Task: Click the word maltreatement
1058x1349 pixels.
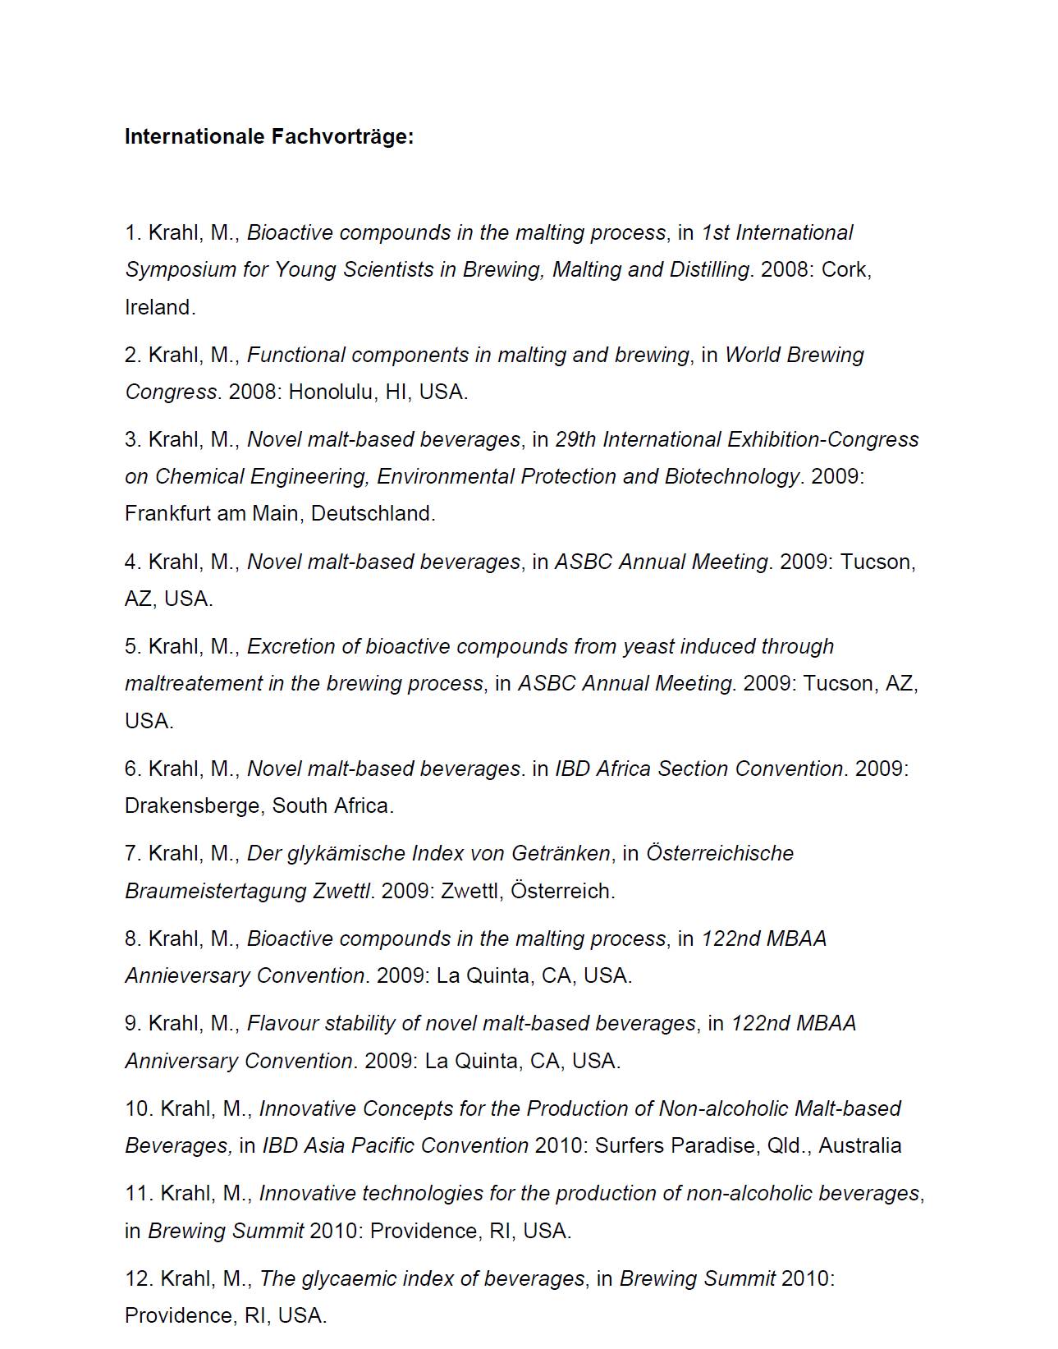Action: click(x=194, y=683)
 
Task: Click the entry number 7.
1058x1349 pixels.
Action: click(x=133, y=853)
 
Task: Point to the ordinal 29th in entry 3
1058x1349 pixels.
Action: click(x=575, y=439)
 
